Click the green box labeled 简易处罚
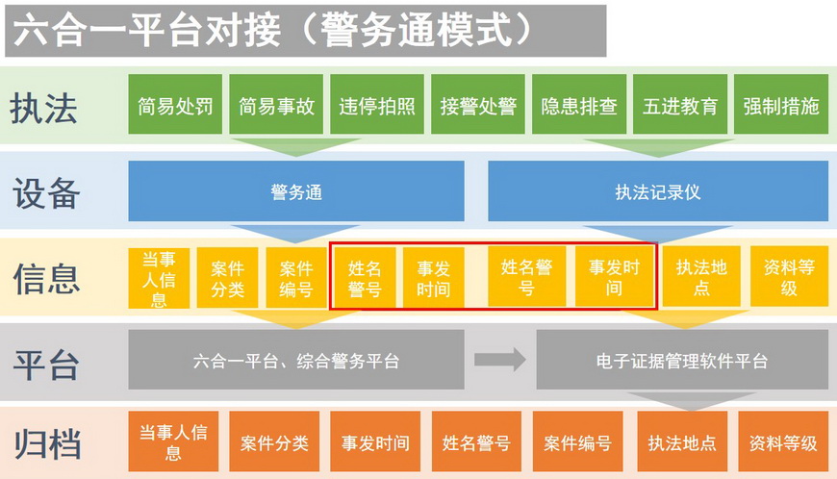pyautogui.click(x=175, y=104)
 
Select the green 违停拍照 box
pyautogui.click(x=377, y=104)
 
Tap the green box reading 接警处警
pyautogui.click(x=478, y=104)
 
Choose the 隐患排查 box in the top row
pyautogui.click(x=578, y=104)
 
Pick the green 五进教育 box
pyautogui.click(x=680, y=104)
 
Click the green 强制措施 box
pyautogui.click(x=781, y=104)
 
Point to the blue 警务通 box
pyautogui.click(x=296, y=191)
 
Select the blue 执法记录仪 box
pyautogui.click(x=658, y=191)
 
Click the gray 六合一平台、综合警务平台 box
pyautogui.click(x=296, y=360)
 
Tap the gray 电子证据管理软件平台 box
pyautogui.click(x=682, y=360)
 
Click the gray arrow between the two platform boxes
pyautogui.click(x=500, y=360)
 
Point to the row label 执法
pyautogui.click(x=43, y=109)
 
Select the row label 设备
pyautogui.click(x=46, y=193)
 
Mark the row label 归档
pyautogui.click(x=47, y=443)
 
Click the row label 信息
pyautogui.click(x=46, y=278)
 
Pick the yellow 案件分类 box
pyautogui.click(x=227, y=278)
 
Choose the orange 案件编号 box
pyautogui.click(x=577, y=441)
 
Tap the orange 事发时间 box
pyautogui.click(x=375, y=441)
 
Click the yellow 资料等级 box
pyautogui.click(x=790, y=276)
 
